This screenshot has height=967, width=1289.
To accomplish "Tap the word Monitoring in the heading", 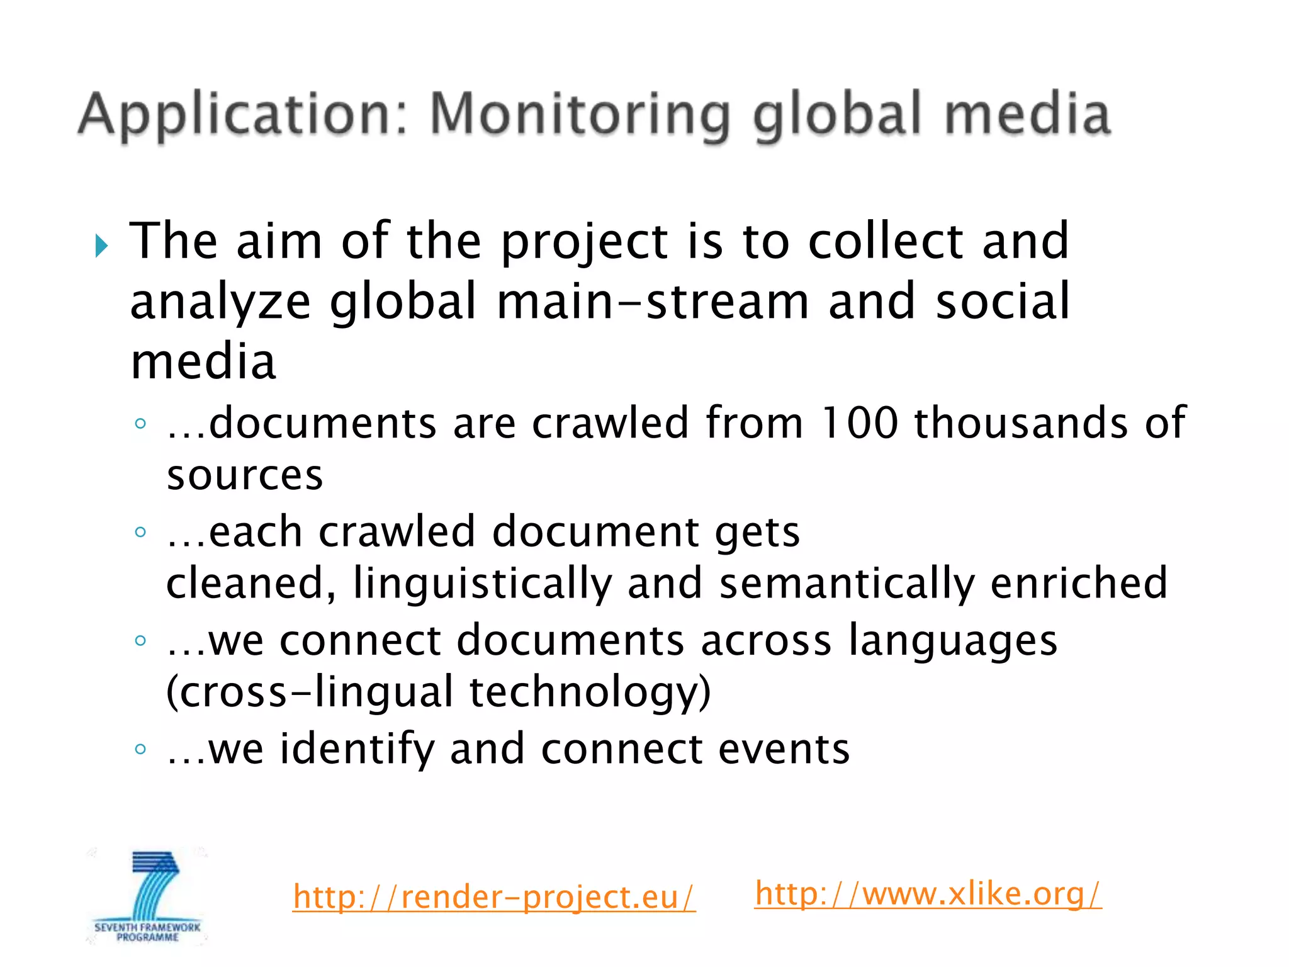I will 580,115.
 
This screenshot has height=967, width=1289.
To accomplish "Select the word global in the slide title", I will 838,115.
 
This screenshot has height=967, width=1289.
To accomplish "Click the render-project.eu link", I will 494,896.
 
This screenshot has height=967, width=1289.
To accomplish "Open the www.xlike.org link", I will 928,893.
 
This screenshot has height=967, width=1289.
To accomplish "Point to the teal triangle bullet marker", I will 101,246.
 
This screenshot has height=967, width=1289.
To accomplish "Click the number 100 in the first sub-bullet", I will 859,422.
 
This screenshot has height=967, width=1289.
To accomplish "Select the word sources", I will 245,475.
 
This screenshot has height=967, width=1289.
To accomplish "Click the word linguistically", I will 483,583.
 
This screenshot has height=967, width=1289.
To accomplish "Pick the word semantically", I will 847,583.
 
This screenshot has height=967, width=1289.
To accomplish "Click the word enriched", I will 1079,583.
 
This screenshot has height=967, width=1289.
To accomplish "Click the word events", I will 784,749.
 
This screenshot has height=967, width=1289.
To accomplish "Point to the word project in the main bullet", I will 584,243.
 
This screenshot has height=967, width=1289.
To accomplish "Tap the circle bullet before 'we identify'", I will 140,749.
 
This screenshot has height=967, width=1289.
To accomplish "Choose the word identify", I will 357,749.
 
